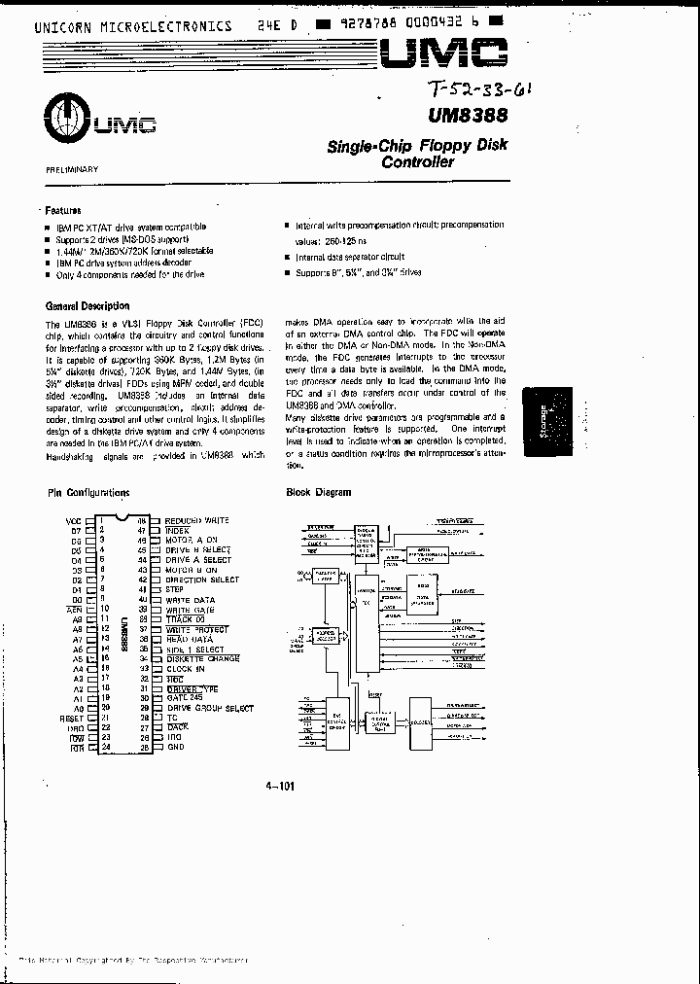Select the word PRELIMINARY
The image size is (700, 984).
pos(73,169)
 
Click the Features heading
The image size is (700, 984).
pos(63,210)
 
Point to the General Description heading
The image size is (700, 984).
pos(87,306)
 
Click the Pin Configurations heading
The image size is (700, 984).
pos(88,493)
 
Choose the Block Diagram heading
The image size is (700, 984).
pos(319,493)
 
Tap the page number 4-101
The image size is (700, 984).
pos(279,787)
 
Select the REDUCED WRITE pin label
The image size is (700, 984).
pos(198,520)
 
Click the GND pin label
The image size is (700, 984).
pos(175,748)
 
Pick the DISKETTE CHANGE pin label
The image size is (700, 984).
pos(202,658)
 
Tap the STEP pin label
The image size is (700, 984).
pos(176,589)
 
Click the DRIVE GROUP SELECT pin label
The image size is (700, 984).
pos(210,708)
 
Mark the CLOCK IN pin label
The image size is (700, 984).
pos(185,669)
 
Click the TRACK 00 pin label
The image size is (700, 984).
pos(186,619)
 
